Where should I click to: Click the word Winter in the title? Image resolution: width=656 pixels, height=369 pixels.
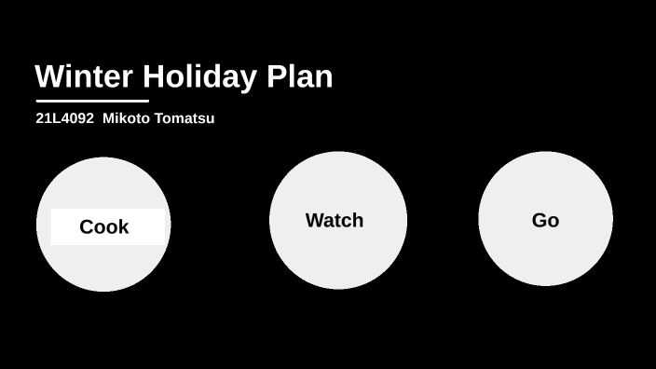(84, 76)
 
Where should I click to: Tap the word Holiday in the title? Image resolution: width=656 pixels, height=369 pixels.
(200, 76)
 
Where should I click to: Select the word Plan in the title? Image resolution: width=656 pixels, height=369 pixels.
(300, 76)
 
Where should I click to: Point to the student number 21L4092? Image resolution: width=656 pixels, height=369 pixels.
(64, 118)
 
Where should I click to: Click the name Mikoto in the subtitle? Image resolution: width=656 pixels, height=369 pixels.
(126, 118)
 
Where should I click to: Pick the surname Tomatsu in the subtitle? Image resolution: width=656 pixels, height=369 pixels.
(184, 118)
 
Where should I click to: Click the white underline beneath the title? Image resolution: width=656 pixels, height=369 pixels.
(92, 101)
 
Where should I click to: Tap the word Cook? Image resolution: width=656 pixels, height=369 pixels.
(103, 226)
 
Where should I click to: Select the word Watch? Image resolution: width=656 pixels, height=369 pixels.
(335, 221)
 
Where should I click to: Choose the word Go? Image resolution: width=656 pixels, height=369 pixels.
(545, 221)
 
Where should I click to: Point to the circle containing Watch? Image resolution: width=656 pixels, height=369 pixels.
(337, 261)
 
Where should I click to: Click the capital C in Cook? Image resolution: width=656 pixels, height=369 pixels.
(87, 226)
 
